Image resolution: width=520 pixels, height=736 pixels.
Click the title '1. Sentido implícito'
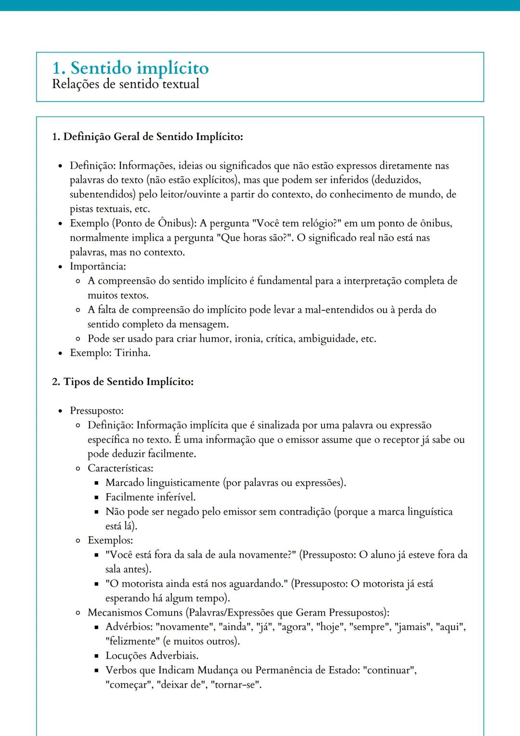(x=130, y=68)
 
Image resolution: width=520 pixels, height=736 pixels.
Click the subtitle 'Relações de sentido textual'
(x=125, y=84)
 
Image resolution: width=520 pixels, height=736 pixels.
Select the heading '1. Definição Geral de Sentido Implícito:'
(x=147, y=137)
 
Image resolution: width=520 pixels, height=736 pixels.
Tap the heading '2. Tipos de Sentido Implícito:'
(x=123, y=382)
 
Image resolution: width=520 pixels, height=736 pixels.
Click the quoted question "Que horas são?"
(x=254, y=238)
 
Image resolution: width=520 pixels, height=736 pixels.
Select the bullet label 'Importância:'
(x=98, y=266)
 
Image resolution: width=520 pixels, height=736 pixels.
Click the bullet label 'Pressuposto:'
(x=97, y=411)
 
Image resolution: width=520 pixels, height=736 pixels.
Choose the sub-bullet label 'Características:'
(x=120, y=468)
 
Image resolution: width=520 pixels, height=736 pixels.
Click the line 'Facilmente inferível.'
(x=150, y=497)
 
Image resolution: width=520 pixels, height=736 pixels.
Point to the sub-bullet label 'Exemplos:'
(x=110, y=540)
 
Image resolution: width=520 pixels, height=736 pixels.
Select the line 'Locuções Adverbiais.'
(x=152, y=656)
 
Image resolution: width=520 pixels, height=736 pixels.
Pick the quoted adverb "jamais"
(x=414, y=627)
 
